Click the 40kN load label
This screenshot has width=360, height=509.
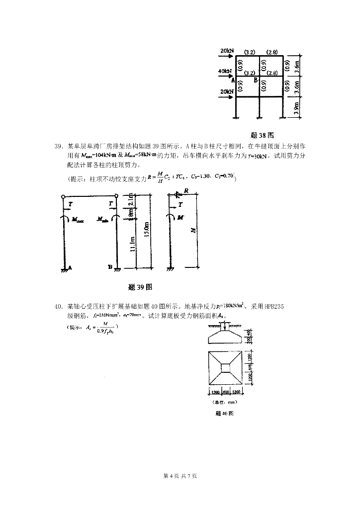pyautogui.click(x=225, y=71)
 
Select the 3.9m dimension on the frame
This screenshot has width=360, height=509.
pyautogui.click(x=297, y=107)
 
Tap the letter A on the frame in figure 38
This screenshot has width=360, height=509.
pyautogui.click(x=232, y=79)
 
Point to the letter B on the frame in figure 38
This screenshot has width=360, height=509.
pyautogui.click(x=256, y=80)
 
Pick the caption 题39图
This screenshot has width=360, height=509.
pyautogui.click(x=140, y=287)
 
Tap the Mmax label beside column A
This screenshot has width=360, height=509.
pyautogui.click(x=78, y=219)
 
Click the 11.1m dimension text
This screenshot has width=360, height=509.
pyautogui.click(x=132, y=244)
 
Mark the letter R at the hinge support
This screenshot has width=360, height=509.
pyautogui.click(x=185, y=190)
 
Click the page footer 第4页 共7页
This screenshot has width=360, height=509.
pyautogui.click(x=180, y=476)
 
